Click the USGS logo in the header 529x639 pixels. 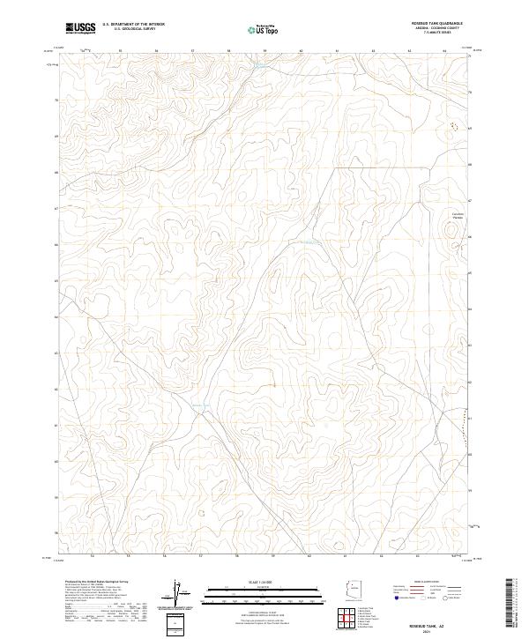pos(80,28)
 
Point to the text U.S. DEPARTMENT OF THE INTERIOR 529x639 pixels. pos(133,26)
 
